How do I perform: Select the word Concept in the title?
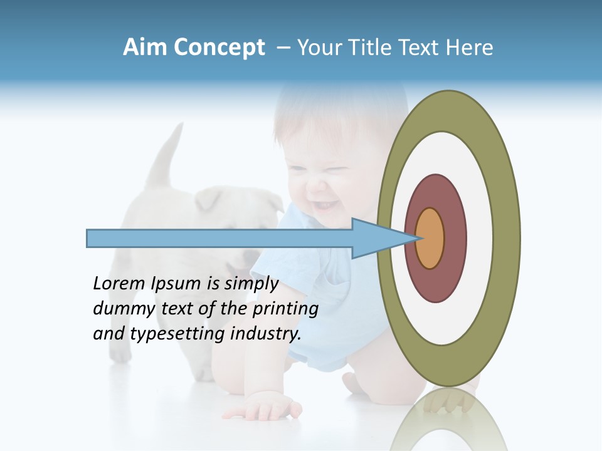point(219,48)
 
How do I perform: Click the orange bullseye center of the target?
point(430,238)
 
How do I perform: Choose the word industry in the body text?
point(266,334)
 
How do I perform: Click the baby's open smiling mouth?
point(325,205)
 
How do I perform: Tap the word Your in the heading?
point(317,48)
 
